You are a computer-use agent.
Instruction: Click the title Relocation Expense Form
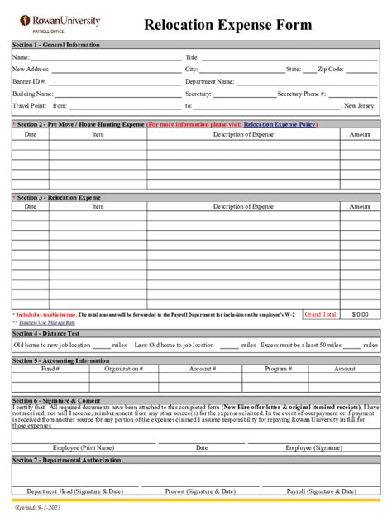click(x=227, y=26)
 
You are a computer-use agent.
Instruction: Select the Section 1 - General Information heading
click(x=55, y=45)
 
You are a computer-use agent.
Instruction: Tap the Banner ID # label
click(x=30, y=82)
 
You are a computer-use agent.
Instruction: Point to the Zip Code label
click(x=329, y=70)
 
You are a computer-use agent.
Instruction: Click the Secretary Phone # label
click(x=302, y=94)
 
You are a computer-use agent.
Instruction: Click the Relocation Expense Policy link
click(x=280, y=123)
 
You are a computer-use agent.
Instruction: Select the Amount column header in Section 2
click(x=360, y=133)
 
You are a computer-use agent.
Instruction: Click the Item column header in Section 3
click(x=98, y=206)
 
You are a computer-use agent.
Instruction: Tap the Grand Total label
click(x=321, y=315)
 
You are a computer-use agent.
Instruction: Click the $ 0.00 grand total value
click(x=360, y=315)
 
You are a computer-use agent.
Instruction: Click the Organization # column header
click(x=123, y=368)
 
